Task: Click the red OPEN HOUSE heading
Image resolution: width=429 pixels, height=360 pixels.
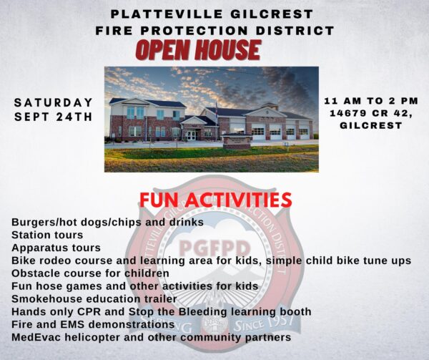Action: pos(198,50)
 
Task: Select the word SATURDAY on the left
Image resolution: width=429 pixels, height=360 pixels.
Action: pos(54,102)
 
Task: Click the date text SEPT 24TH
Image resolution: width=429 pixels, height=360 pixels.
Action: pos(54,117)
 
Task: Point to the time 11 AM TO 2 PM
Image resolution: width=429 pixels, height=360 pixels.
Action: pos(371,101)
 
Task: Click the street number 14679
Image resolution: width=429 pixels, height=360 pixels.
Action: pos(346,113)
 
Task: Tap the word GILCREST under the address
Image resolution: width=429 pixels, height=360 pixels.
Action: pos(371,125)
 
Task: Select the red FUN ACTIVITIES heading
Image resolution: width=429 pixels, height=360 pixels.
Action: pos(216,200)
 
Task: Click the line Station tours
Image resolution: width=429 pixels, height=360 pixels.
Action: pos(47,235)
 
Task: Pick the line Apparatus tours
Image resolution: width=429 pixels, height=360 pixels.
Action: pos(56,248)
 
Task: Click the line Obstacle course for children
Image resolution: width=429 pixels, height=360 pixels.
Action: pos(90,273)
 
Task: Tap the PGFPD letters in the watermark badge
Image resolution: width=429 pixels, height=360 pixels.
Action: pos(214,248)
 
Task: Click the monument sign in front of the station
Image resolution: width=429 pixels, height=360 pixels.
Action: pos(237,141)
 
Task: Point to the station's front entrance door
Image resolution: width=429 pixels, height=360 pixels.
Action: pos(191,135)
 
